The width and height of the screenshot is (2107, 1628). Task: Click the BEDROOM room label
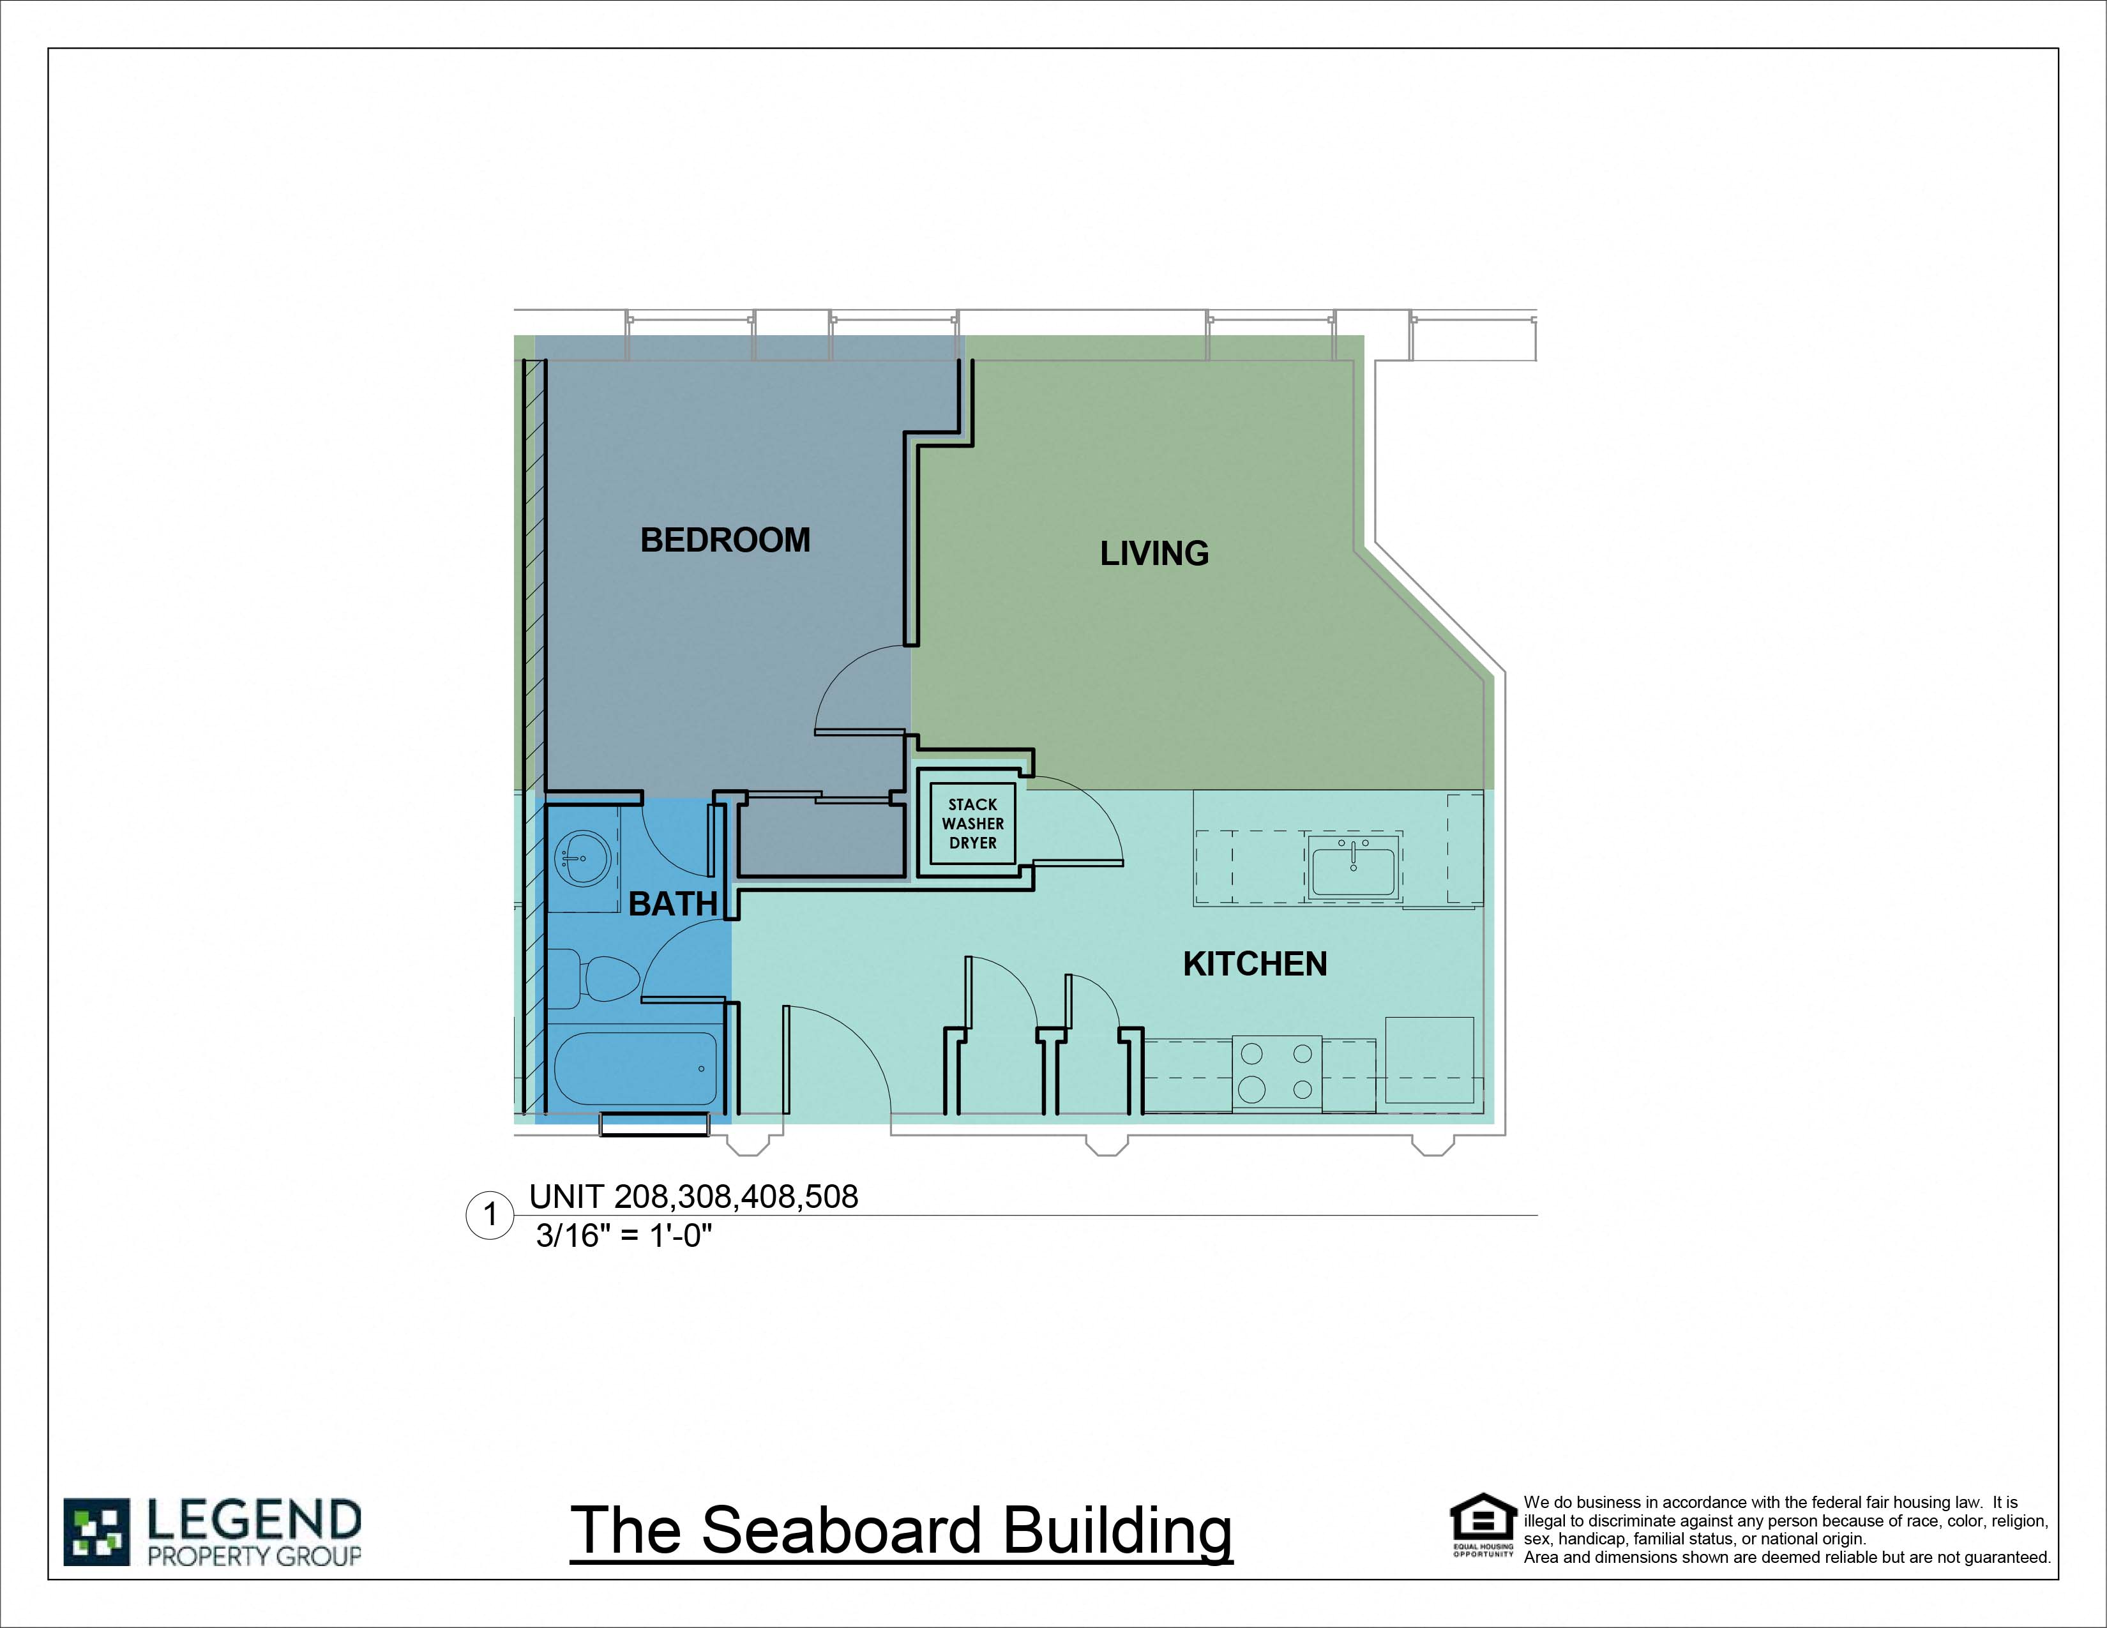coord(725,540)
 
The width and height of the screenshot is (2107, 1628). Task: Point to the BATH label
coord(672,903)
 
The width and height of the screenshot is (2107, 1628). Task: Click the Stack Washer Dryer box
coord(972,824)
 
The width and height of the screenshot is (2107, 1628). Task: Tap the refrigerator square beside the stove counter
coord(1429,1059)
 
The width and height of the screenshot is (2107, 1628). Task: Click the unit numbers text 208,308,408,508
coord(735,1197)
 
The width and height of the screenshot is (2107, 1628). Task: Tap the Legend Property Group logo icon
coord(96,1532)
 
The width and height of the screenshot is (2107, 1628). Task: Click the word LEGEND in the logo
coord(253,1521)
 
